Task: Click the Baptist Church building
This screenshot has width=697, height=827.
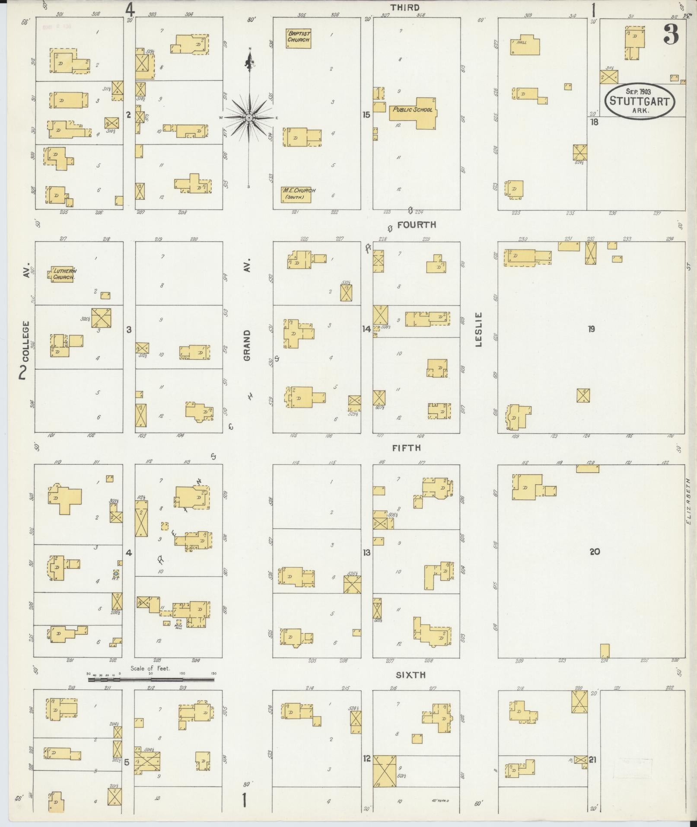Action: (299, 38)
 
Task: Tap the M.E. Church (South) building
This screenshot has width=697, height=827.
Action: (298, 194)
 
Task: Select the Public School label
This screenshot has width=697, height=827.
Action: (412, 110)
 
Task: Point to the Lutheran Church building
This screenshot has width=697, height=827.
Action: (64, 274)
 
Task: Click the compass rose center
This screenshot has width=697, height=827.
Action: (249, 118)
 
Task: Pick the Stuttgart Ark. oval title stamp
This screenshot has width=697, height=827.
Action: (639, 101)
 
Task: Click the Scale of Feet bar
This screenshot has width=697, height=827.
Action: (151, 679)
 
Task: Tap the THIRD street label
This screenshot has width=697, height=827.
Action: (405, 7)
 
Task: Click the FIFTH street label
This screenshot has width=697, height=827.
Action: (407, 448)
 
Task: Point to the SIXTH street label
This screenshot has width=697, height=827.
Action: (411, 675)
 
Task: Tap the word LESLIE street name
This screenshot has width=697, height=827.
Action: (479, 329)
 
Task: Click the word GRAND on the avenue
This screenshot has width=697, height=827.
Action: (247, 345)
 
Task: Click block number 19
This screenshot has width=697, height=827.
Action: (592, 329)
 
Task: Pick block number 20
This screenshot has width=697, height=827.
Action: (595, 552)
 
